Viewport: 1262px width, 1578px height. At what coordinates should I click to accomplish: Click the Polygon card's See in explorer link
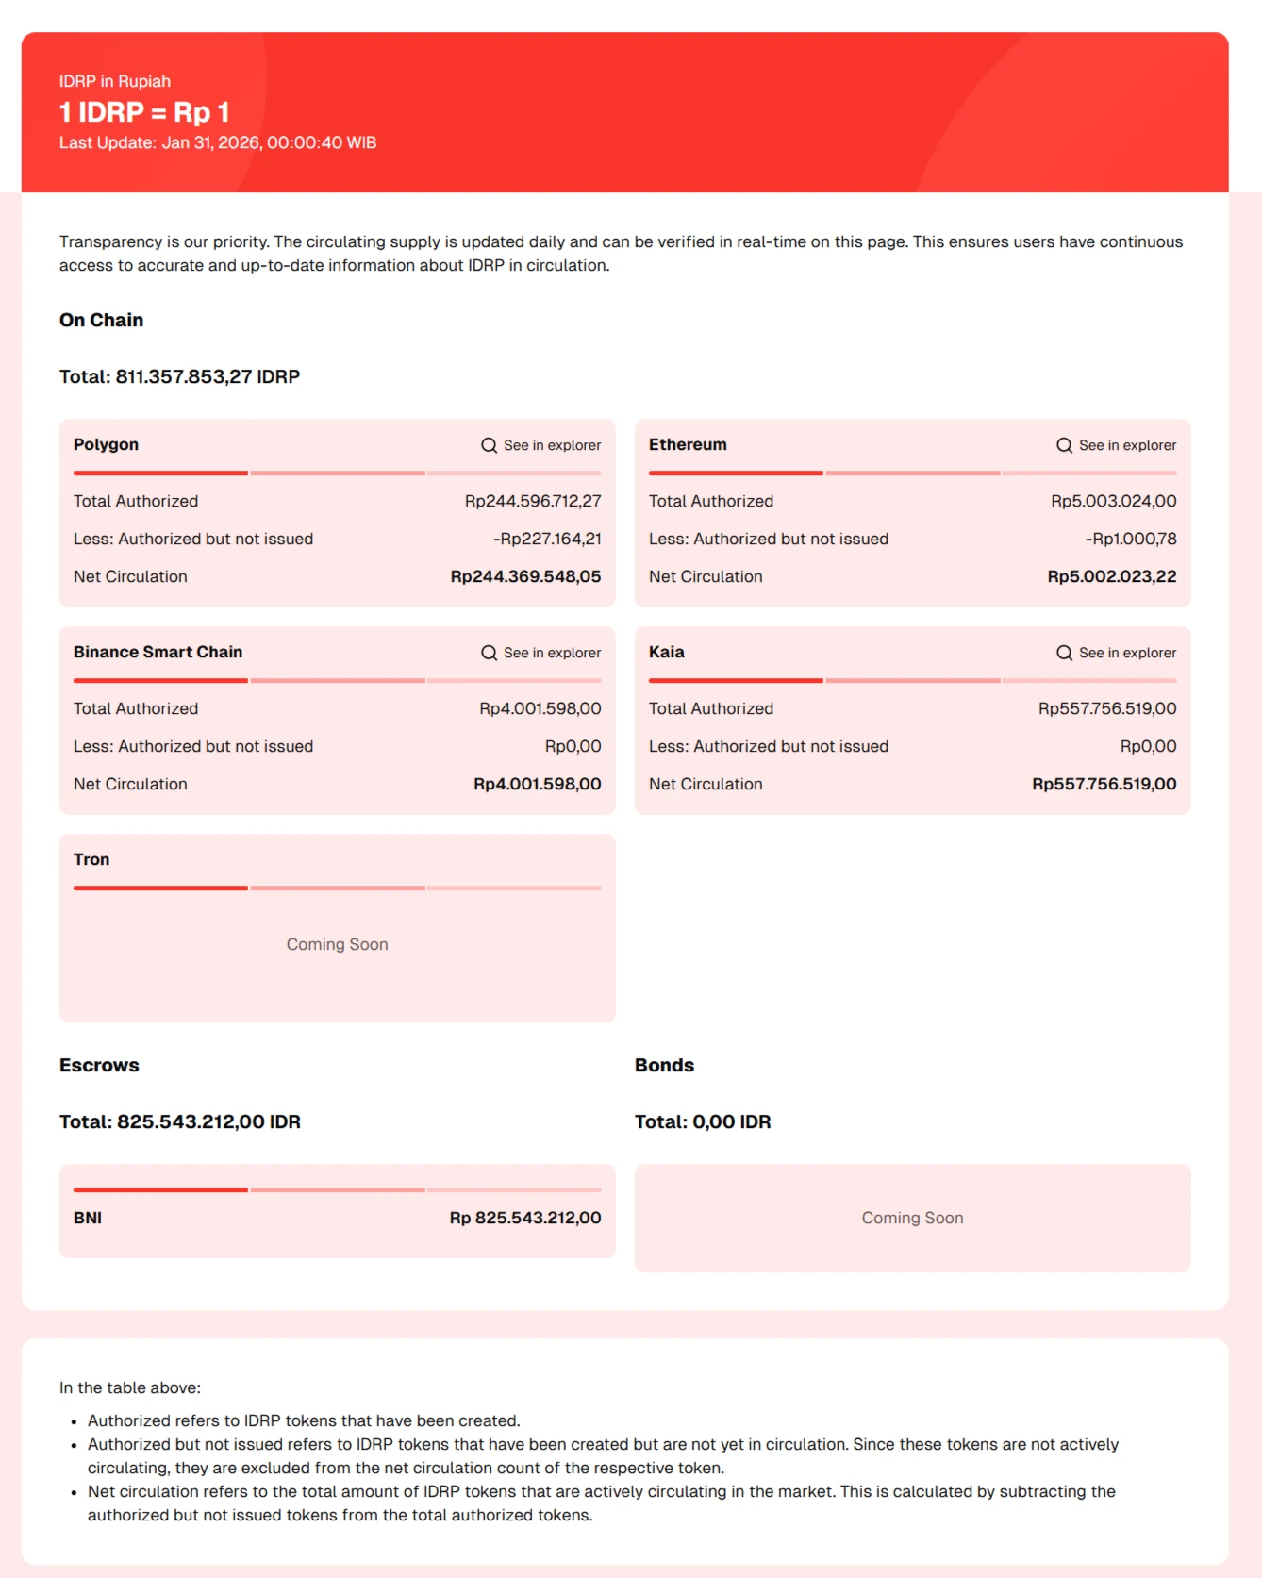pyautogui.click(x=541, y=445)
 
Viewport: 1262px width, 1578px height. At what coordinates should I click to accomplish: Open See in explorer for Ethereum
pyautogui.click(x=1117, y=445)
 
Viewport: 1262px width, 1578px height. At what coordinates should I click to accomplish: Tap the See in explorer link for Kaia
pyautogui.click(x=1117, y=653)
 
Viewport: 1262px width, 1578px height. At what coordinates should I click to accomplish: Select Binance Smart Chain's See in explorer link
pyautogui.click(x=541, y=653)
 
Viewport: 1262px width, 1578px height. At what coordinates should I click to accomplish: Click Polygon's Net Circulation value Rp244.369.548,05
pyautogui.click(x=525, y=576)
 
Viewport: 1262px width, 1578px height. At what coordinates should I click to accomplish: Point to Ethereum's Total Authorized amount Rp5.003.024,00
pyautogui.click(x=1113, y=501)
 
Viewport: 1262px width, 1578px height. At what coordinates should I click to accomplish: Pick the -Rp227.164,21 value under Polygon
pyautogui.click(x=547, y=539)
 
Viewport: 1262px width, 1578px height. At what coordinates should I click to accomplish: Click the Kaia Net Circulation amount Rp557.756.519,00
pyautogui.click(x=1104, y=784)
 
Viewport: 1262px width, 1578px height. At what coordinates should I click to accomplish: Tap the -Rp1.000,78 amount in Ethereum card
pyautogui.click(x=1131, y=539)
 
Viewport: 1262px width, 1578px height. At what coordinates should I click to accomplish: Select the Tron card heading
pyautogui.click(x=91, y=859)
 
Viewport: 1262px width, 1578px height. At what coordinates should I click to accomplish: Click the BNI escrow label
pyautogui.click(x=88, y=1218)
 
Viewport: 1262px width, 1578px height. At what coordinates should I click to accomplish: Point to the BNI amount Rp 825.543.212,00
pyautogui.click(x=525, y=1218)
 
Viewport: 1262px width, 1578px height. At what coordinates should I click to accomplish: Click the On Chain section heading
pyautogui.click(x=101, y=320)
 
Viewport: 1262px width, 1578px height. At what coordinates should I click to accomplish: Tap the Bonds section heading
pyautogui.click(x=664, y=1065)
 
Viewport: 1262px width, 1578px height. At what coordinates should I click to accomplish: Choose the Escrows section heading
pyautogui.click(x=99, y=1065)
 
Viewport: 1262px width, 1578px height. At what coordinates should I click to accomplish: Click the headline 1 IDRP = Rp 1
pyautogui.click(x=144, y=112)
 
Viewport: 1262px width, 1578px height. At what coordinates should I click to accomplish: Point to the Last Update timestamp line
pyautogui.click(x=218, y=142)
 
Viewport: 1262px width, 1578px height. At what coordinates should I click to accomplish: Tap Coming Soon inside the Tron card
pyautogui.click(x=337, y=944)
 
